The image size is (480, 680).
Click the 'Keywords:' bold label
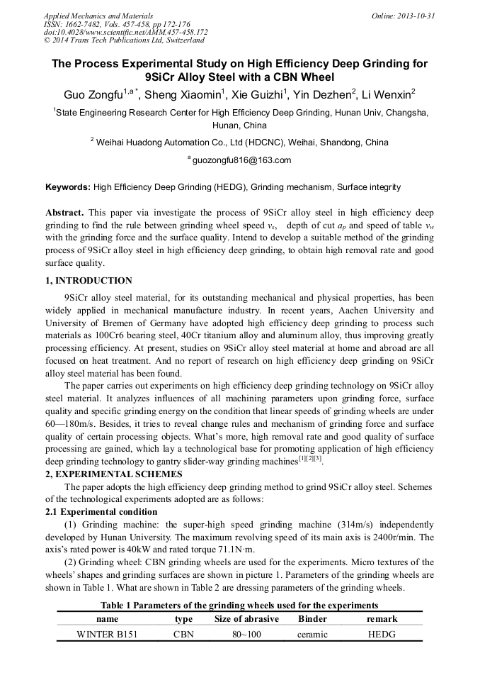coord(68,187)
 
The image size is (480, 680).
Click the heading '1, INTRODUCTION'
coord(88,281)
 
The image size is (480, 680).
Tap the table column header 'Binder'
coord(312,619)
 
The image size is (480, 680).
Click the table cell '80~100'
coord(246,635)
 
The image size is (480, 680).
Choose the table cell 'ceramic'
coord(312,635)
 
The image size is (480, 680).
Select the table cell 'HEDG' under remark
coord(382,635)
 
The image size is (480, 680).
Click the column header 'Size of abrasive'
coord(246,619)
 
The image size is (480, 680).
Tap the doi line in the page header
coord(125,32)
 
